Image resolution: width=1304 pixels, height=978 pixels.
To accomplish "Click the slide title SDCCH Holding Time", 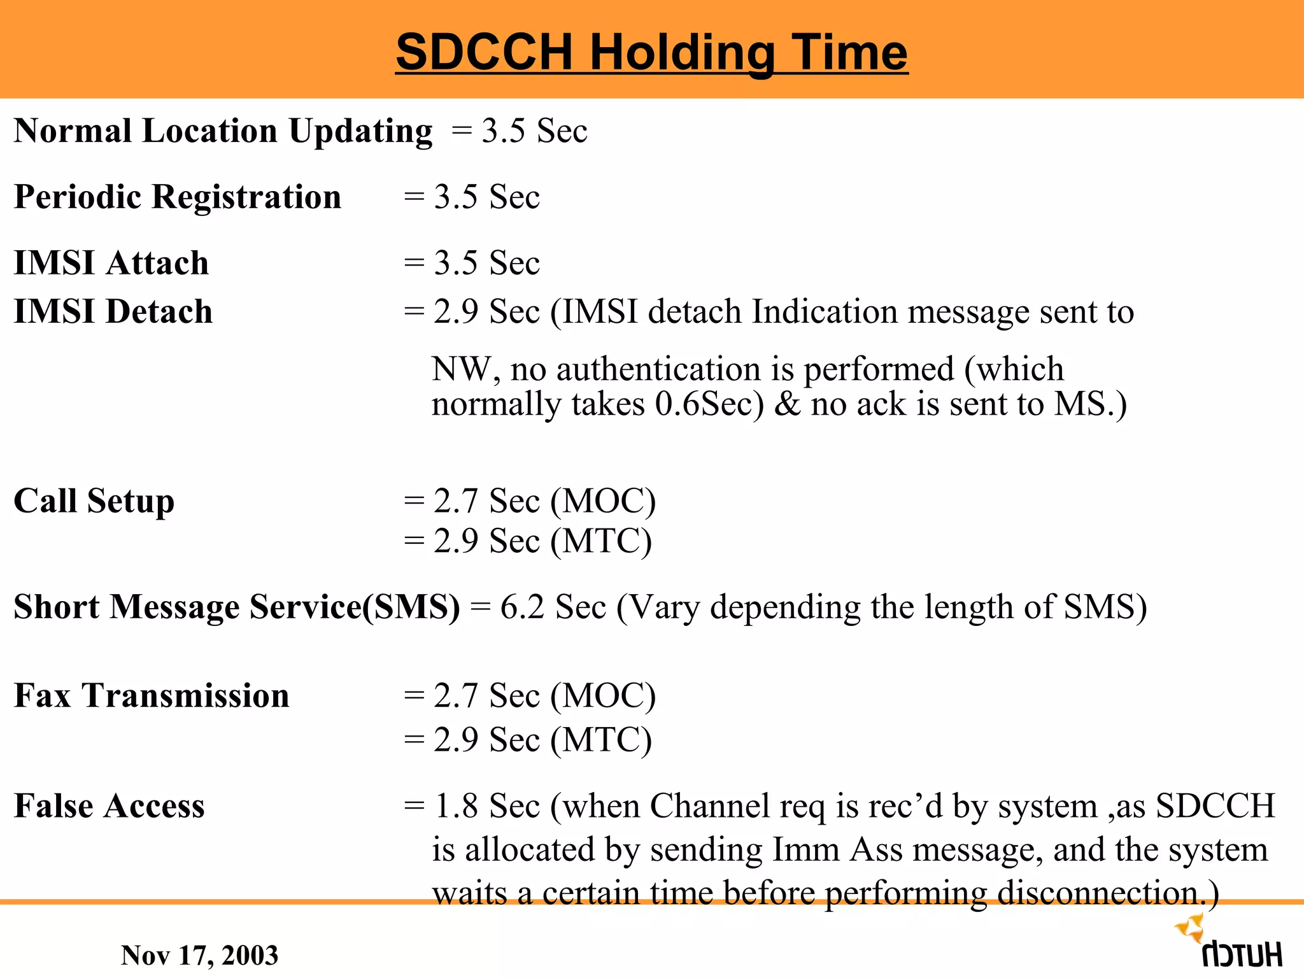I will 651,52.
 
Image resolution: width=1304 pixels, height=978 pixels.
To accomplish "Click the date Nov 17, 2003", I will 199,955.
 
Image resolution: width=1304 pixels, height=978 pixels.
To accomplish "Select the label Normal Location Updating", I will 223,131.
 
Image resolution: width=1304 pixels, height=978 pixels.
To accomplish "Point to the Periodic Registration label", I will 178,197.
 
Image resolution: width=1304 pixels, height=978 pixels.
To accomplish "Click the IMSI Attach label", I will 111,263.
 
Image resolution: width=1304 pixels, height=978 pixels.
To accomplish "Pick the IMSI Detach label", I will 113,312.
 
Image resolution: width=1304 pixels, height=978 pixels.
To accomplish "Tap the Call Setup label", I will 94,501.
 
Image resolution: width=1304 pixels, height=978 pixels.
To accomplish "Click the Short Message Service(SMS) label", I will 236,607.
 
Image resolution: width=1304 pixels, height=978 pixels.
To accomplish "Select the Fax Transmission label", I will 152,695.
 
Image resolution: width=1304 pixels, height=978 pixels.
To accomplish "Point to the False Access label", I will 110,806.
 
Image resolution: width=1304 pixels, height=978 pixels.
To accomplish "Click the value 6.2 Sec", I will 552,607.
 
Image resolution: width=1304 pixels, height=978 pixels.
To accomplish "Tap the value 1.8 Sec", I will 487,806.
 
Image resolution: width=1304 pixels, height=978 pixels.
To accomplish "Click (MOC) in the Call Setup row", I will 603,501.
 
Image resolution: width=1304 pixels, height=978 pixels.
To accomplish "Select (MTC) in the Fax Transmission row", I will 601,740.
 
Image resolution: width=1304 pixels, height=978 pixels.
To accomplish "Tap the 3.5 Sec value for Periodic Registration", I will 487,197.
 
